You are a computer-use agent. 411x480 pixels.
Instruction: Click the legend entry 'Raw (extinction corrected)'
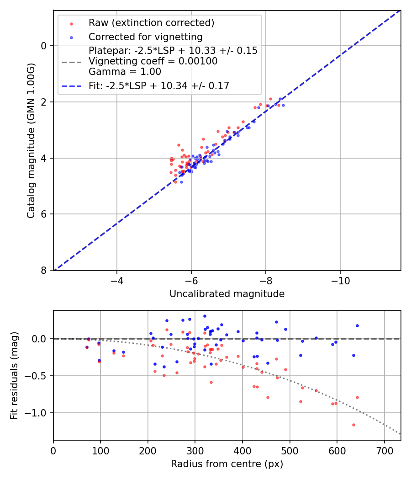pos(151,23)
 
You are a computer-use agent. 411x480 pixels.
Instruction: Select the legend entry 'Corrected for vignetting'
pos(145,37)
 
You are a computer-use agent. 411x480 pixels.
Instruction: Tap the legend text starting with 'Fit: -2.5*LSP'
pos(159,85)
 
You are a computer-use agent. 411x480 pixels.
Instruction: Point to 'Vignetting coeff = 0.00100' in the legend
pos(153,61)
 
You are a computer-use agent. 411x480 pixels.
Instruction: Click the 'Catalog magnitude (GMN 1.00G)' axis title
pos(31,140)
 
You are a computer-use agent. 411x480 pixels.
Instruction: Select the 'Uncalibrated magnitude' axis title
pos(227,294)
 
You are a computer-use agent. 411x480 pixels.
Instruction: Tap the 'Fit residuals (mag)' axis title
pos(14,375)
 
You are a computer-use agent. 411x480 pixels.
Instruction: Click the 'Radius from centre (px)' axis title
pos(227,464)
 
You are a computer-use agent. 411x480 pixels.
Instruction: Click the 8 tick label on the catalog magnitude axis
pos(44,271)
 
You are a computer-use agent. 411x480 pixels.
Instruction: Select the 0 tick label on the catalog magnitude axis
pos(44,46)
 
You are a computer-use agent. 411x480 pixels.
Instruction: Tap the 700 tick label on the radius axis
pos(384,451)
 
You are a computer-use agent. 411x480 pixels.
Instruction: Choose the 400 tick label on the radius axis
pos(242,451)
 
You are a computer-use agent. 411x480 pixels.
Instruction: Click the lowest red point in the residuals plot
pos(353,425)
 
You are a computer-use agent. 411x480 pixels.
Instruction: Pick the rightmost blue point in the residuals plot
pos(357,325)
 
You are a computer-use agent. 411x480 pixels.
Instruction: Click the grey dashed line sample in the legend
pos(71,61)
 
